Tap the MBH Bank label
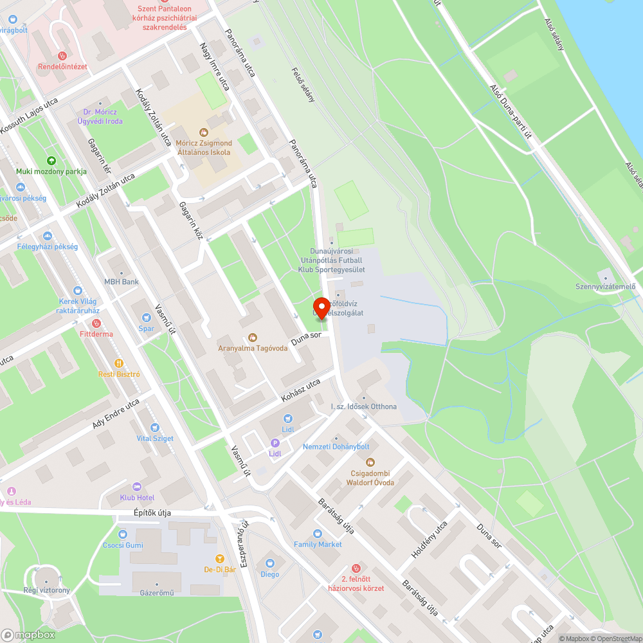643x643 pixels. point(122,282)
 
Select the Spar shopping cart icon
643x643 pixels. point(147,316)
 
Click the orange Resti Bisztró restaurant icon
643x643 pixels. point(118,363)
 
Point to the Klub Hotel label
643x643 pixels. point(137,498)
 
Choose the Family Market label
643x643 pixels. point(318,544)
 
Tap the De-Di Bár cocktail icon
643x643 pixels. point(220,558)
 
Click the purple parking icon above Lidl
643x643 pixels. point(275,442)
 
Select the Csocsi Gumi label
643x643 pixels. point(122,545)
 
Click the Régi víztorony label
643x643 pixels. point(46,590)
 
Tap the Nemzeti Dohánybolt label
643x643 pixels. point(336,446)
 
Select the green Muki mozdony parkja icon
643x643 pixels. point(51,161)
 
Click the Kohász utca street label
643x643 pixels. point(300,391)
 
